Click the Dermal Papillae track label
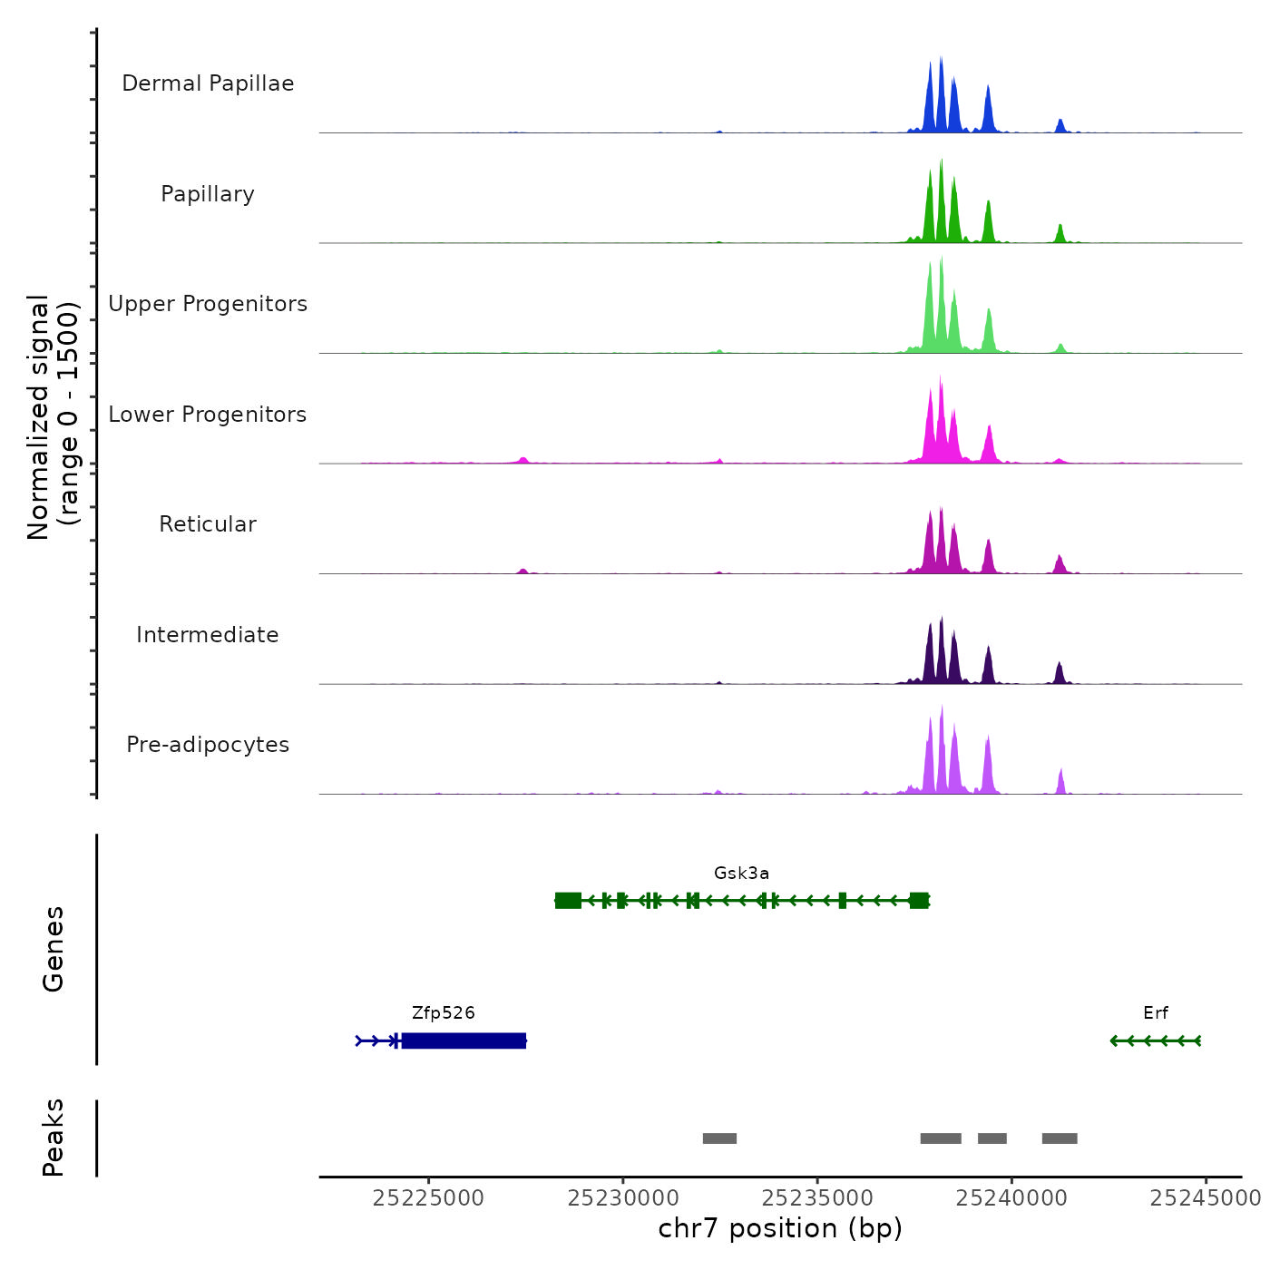208,83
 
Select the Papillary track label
208,194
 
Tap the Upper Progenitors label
208,304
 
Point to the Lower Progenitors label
208,415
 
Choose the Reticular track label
208,524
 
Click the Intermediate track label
208,635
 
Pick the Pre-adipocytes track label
208,745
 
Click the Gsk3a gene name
741,874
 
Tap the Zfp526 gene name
443,1013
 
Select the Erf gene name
1156,1013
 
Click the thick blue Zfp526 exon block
464,1040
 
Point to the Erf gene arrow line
1156,1040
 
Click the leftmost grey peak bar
719,1138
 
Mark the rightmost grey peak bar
1060,1138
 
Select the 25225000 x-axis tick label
428,1198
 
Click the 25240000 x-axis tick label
1011,1198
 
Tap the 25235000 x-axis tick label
817,1198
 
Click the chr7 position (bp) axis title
780,1228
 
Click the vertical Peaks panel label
54,1138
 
